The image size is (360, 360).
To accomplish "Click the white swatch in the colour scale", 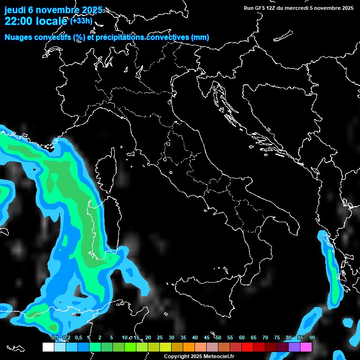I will (x=48, y=347).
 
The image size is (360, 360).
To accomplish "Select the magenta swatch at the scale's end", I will (x=306, y=347).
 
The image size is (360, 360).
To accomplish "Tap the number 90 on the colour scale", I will (x=312, y=338).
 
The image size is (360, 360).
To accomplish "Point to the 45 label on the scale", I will (x=207, y=338).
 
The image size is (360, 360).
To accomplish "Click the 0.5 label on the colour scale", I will (x=78, y=338).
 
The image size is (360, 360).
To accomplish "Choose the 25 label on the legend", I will (x=160, y=338).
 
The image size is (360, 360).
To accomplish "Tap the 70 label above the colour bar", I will (x=265, y=338).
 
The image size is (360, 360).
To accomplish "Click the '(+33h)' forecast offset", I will (x=81, y=21).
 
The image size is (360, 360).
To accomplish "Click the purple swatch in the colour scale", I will (x=294, y=347).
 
